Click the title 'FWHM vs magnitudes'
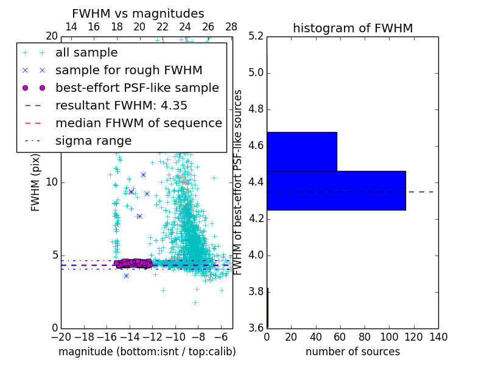click(x=138, y=13)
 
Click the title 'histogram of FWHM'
click(x=352, y=28)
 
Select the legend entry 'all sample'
click(x=86, y=53)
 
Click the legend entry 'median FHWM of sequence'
click(x=138, y=123)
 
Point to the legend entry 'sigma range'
click(x=93, y=141)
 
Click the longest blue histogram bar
click(x=336, y=190)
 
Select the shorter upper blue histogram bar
click(x=302, y=151)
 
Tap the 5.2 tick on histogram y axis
click(x=256, y=36)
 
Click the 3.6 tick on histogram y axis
click(x=256, y=328)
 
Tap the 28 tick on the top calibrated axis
click(x=231, y=27)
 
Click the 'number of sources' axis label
click(x=352, y=352)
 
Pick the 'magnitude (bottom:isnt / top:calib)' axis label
click(x=147, y=352)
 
